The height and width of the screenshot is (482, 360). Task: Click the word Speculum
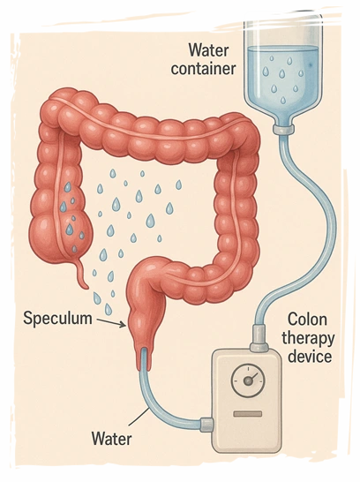pos(57,318)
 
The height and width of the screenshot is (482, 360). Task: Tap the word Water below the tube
pos(112,439)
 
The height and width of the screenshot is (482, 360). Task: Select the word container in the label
pos(203,69)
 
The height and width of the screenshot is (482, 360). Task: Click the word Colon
pos(307,320)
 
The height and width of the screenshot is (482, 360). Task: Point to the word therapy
pos(308,339)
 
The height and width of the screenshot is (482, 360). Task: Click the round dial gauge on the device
pos(248,380)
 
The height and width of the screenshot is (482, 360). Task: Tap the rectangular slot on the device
pos(248,414)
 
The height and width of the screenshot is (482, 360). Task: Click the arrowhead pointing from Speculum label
pos(123,325)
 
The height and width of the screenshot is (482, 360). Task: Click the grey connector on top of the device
pos(259,338)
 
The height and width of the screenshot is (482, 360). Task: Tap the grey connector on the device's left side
pos(206,425)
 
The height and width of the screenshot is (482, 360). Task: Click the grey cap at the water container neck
pos(283,130)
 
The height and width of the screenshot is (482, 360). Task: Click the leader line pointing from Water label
pos(139,417)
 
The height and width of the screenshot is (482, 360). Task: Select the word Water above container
pos(209,50)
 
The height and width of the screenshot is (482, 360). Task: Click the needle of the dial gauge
pos(251,378)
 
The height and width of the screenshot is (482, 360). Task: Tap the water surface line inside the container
pos(283,48)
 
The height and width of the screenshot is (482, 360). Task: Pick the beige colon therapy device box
pos(247,401)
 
